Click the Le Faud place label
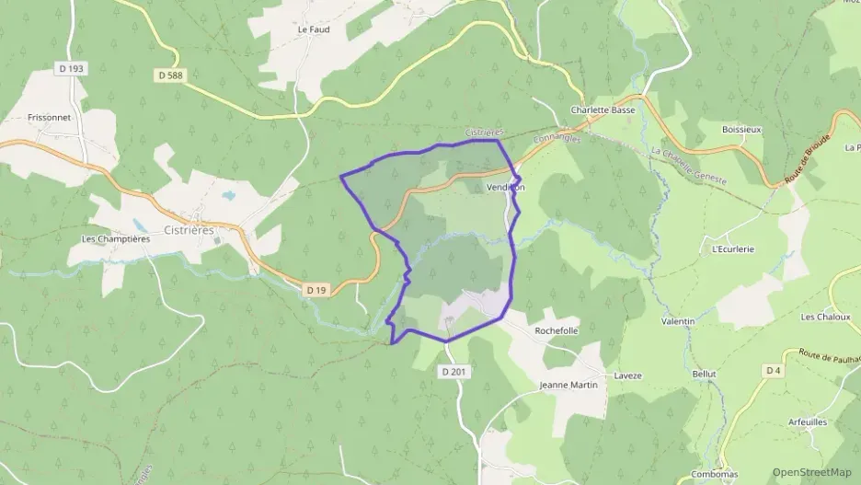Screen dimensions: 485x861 tap(314, 29)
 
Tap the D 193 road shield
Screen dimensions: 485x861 tap(69, 68)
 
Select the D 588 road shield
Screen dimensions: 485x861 tap(171, 76)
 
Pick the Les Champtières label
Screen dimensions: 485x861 tap(115, 239)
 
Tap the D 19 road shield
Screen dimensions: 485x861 tap(316, 290)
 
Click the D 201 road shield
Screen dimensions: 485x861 tap(452, 372)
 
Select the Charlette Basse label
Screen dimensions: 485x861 tap(603, 110)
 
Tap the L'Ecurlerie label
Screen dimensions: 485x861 tap(733, 248)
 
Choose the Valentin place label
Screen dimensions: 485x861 tap(678, 321)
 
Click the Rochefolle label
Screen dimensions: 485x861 tap(556, 330)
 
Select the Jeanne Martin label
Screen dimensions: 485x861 tap(568, 385)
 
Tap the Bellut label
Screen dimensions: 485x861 tap(704, 375)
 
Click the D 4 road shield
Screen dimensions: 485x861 tap(772, 370)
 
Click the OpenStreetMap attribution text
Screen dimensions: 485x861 tap(811, 472)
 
